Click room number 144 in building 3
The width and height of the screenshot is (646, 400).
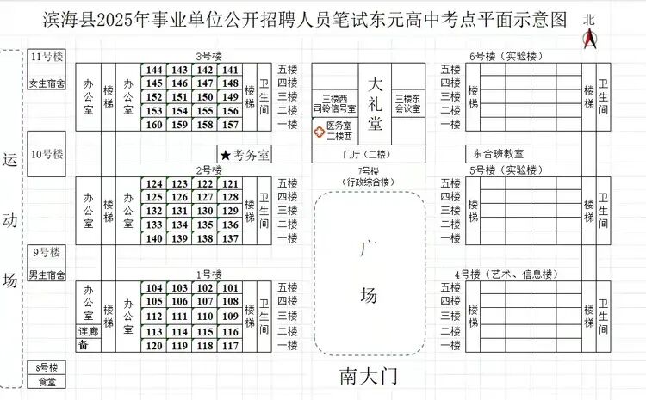click(x=154, y=71)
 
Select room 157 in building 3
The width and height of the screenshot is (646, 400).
click(x=231, y=125)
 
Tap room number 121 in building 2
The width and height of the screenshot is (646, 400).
click(x=231, y=184)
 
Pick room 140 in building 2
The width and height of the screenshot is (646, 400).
click(x=154, y=238)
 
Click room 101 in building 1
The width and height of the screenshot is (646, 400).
click(x=231, y=288)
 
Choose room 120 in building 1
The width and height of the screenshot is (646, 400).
click(x=154, y=346)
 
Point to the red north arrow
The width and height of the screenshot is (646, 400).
click(x=590, y=38)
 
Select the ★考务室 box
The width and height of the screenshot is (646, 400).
click(x=245, y=155)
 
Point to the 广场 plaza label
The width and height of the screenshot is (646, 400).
click(x=369, y=273)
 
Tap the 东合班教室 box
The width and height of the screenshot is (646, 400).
click(x=499, y=153)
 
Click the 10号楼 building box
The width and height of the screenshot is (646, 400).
click(x=47, y=154)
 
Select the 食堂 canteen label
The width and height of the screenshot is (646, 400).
click(x=47, y=382)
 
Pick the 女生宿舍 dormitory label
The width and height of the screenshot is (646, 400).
click(x=47, y=83)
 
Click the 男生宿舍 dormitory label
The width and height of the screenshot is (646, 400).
click(x=47, y=275)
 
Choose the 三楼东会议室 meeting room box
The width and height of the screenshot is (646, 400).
click(x=408, y=104)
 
